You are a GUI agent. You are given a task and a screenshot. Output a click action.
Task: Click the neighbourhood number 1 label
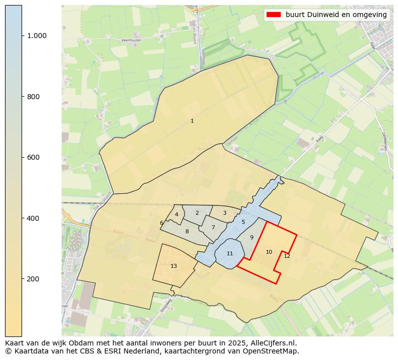tap(192, 121)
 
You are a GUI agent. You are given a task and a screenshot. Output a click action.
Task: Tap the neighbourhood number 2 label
tap(197, 213)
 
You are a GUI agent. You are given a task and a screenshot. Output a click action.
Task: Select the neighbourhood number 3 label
tap(225, 213)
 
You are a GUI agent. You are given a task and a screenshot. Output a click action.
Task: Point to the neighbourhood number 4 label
tap(176, 214)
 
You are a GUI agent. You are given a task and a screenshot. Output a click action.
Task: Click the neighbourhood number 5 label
tap(243, 222)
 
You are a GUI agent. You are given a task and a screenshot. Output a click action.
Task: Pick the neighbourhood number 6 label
tap(161, 223)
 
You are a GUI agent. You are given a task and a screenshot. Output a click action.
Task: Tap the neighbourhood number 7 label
tap(213, 227)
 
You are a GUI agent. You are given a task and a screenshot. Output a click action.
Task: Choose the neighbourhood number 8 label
tap(187, 231)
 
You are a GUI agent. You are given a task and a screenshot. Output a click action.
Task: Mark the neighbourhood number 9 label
tap(252, 237)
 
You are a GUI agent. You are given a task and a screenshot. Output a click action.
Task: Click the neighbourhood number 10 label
tap(269, 252)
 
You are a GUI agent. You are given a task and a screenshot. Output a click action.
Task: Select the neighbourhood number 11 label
tap(230, 253)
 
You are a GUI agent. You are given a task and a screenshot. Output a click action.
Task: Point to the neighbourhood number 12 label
tap(287, 256)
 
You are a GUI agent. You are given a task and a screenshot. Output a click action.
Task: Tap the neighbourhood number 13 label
tap(173, 266)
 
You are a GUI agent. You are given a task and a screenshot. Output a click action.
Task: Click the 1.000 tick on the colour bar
tap(37, 36)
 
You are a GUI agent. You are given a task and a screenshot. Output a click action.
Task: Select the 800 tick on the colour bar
tap(34, 97)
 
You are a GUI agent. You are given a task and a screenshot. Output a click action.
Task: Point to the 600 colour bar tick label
tap(34, 157)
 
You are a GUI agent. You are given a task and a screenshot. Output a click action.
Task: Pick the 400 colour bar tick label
tap(34, 218)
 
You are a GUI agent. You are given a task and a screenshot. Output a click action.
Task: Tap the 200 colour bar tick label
tap(34, 279)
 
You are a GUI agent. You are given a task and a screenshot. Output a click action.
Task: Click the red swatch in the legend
tap(274, 15)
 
